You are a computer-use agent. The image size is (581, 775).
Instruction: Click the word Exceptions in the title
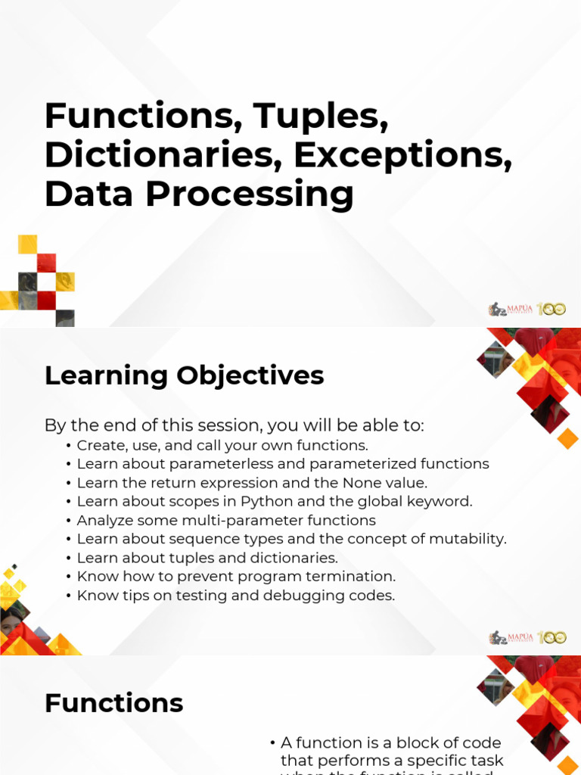(x=402, y=155)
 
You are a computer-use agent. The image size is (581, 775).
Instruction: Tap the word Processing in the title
(x=250, y=195)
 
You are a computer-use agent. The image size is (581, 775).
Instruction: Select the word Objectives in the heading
(x=250, y=375)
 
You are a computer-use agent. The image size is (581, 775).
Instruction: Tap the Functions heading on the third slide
(x=113, y=703)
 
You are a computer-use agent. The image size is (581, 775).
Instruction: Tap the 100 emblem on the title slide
(x=551, y=309)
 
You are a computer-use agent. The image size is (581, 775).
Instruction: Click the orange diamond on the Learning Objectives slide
(x=567, y=438)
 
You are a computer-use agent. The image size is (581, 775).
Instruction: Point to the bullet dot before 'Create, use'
(x=70, y=445)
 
